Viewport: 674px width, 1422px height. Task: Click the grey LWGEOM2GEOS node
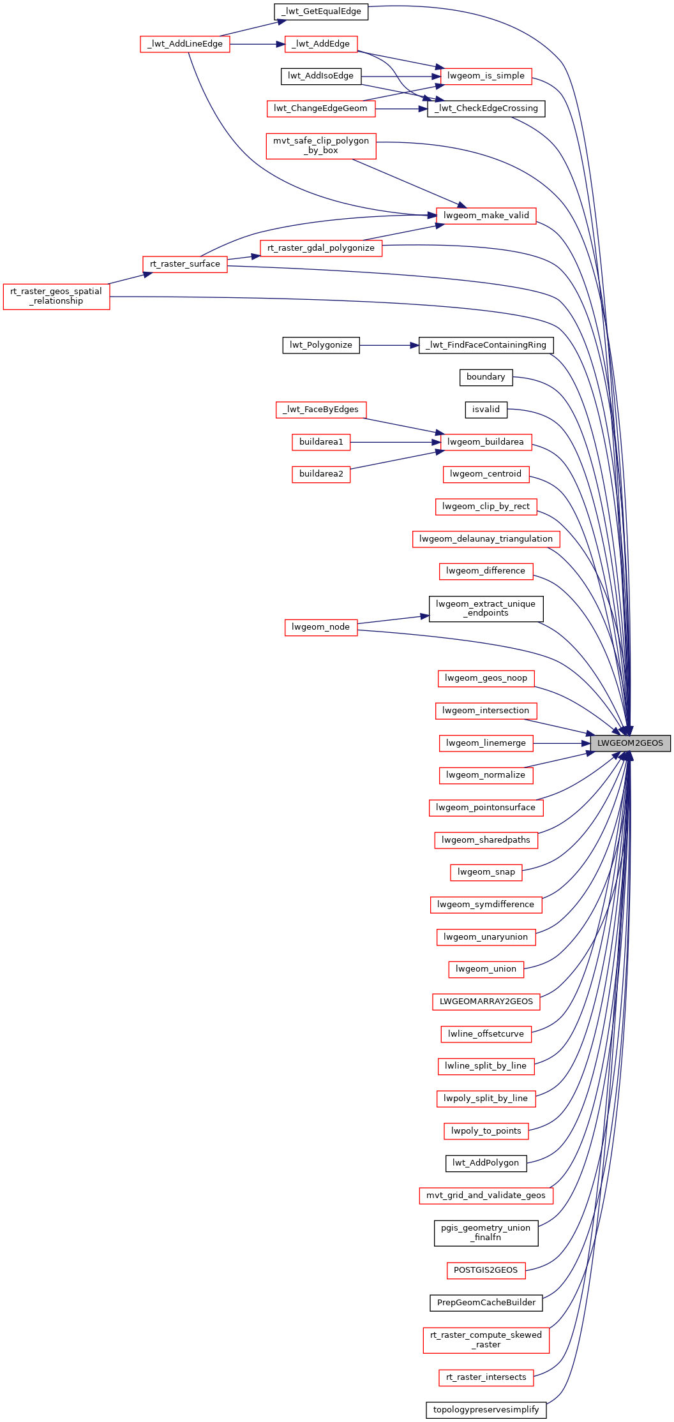tap(630, 743)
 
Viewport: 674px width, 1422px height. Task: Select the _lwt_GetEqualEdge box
tap(321, 11)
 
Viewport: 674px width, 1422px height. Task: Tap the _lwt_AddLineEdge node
tap(185, 44)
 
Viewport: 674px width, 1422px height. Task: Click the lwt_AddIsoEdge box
tap(321, 77)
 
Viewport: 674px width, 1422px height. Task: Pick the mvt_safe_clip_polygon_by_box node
tap(321, 146)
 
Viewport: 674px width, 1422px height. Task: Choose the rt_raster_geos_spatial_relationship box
tap(56, 297)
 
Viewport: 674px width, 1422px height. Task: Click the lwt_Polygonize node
tap(321, 345)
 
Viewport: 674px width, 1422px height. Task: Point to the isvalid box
tap(486, 410)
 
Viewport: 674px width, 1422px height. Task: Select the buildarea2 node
tap(321, 474)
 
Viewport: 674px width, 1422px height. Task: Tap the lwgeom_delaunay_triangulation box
tap(486, 539)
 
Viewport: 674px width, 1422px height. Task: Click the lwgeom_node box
tap(321, 628)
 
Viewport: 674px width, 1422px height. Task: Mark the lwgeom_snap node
tap(486, 872)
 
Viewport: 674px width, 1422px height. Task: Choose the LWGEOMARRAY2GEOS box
tap(486, 1002)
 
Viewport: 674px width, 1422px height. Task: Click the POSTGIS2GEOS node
tap(486, 1270)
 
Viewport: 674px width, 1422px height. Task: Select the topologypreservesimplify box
tap(486, 1410)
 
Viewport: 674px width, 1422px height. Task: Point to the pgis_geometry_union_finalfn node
tap(486, 1233)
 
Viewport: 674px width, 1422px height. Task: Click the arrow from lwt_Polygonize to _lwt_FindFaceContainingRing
tap(389, 345)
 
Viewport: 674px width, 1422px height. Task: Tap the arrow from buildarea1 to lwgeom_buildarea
tap(395, 442)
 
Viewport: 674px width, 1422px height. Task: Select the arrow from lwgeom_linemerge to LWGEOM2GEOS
tap(562, 743)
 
